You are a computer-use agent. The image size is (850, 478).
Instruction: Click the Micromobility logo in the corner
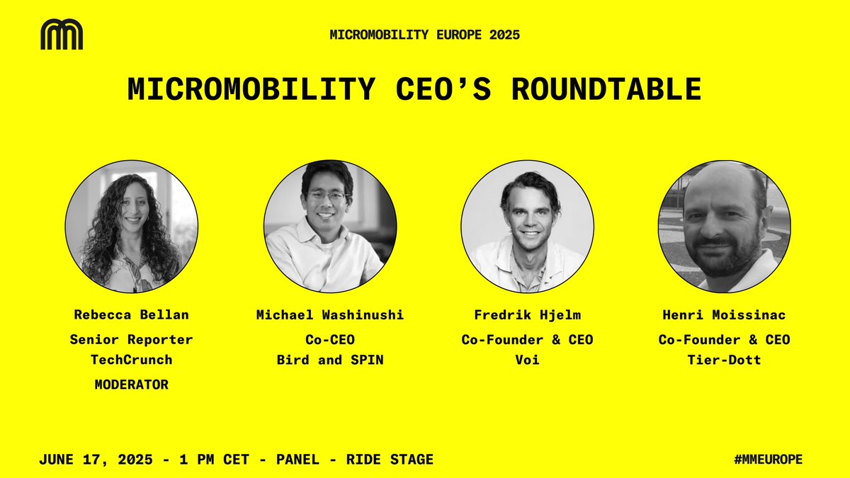[x=62, y=35]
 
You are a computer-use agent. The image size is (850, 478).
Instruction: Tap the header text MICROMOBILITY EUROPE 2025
[x=424, y=35]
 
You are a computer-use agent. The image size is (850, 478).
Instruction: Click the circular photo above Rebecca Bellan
[x=132, y=226]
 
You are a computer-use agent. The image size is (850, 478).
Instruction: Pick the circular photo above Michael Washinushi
[x=330, y=226]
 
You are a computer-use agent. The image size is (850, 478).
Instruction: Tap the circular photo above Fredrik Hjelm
[x=527, y=226]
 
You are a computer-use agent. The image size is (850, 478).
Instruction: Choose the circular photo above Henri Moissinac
[x=724, y=226]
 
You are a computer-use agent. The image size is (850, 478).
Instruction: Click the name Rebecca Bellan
[x=132, y=314]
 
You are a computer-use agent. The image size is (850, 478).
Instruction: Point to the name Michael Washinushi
[x=330, y=314]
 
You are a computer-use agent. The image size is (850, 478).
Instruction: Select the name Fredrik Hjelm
[x=527, y=314]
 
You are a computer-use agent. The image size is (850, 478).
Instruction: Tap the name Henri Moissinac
[x=724, y=314]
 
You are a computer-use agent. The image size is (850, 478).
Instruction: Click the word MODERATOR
[x=132, y=385]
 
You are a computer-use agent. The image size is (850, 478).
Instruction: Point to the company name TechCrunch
[x=132, y=360]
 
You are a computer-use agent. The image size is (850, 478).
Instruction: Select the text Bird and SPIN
[x=330, y=360]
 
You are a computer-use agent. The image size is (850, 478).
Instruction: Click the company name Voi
[x=527, y=360]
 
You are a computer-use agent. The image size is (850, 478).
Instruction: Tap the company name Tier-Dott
[x=724, y=360]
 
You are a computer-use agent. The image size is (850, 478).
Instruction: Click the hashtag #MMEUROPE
[x=768, y=460]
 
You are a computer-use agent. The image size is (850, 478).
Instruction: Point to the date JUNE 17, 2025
[x=100, y=460]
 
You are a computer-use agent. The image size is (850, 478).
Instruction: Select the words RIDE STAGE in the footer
[x=389, y=460]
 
